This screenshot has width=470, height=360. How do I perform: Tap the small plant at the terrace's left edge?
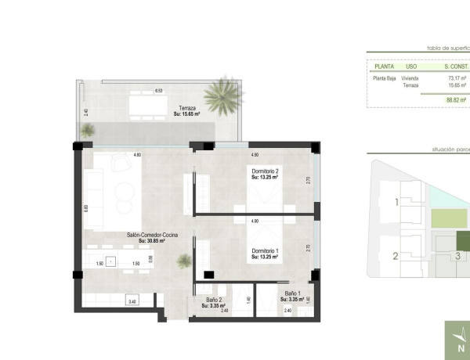[x=89, y=130]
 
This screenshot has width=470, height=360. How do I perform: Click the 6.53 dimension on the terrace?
[x=158, y=91]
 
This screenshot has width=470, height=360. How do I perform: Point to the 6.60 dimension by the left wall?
[x=86, y=207]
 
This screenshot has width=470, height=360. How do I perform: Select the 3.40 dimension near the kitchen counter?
[x=132, y=301]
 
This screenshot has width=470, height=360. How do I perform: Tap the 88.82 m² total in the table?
[x=457, y=100]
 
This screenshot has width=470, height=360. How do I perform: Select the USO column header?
[x=411, y=67]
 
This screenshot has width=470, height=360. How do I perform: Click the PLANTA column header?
[x=385, y=67]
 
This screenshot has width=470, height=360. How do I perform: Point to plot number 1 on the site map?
[x=396, y=202]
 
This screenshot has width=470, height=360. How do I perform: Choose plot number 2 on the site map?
[x=396, y=255]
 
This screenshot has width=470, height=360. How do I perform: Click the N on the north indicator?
[x=461, y=349]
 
